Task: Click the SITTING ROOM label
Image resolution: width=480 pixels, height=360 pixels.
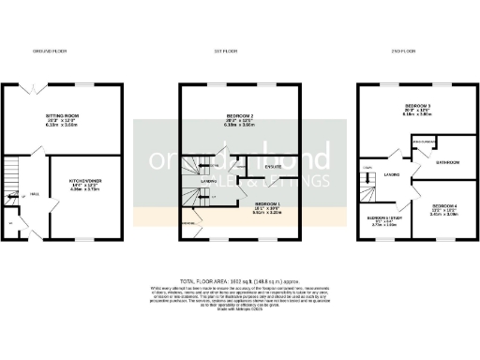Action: click(62, 117)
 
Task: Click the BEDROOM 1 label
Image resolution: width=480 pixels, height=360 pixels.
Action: click(267, 204)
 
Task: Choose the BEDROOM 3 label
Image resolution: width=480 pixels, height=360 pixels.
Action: click(418, 107)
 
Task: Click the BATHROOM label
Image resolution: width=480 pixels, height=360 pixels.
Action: click(447, 162)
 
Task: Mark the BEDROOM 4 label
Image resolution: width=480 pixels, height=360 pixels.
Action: click(445, 206)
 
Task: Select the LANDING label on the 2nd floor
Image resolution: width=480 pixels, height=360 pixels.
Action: click(393, 174)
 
